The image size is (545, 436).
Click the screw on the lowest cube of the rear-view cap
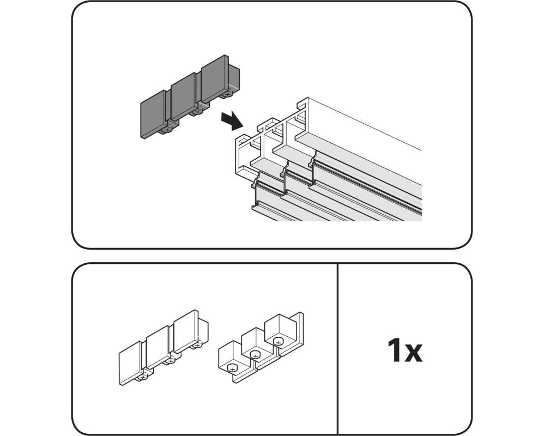click(x=232, y=368)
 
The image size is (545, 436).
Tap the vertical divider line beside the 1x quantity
click(x=338, y=349)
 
